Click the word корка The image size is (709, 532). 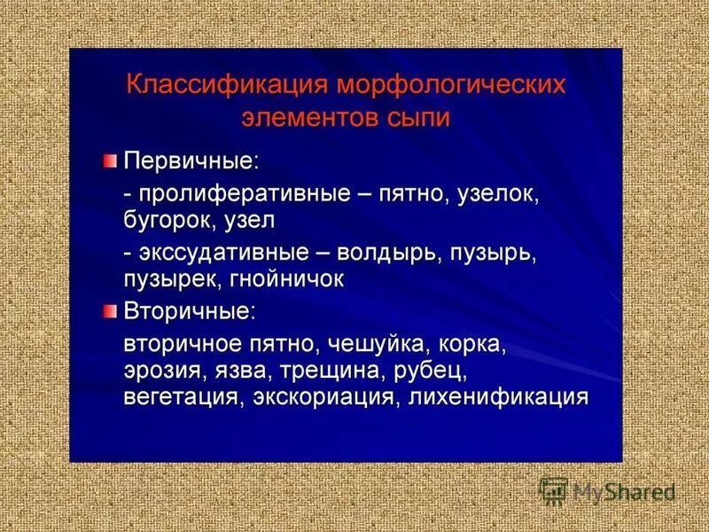click(473, 342)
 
